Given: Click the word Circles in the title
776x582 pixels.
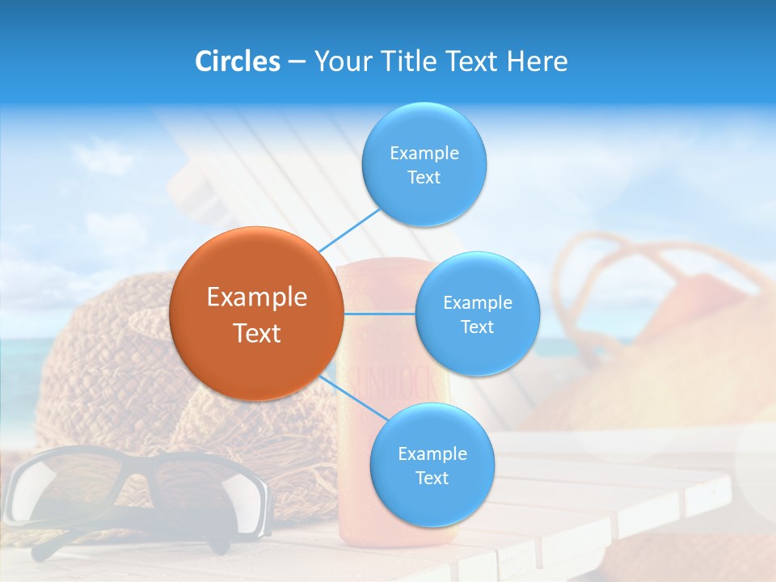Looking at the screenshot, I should point(238,61).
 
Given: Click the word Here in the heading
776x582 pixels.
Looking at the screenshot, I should point(537,61).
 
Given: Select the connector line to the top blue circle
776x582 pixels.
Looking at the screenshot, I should point(349,231).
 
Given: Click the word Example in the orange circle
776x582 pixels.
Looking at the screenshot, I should point(257,297).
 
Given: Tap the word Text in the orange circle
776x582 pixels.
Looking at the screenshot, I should point(257,333).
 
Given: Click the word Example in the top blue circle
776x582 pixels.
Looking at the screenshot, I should point(424,153).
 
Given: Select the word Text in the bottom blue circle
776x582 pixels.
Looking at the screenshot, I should point(432,478).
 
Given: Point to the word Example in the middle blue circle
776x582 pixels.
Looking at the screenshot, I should point(478,302).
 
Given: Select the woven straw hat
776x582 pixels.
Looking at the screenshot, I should point(105,364).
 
